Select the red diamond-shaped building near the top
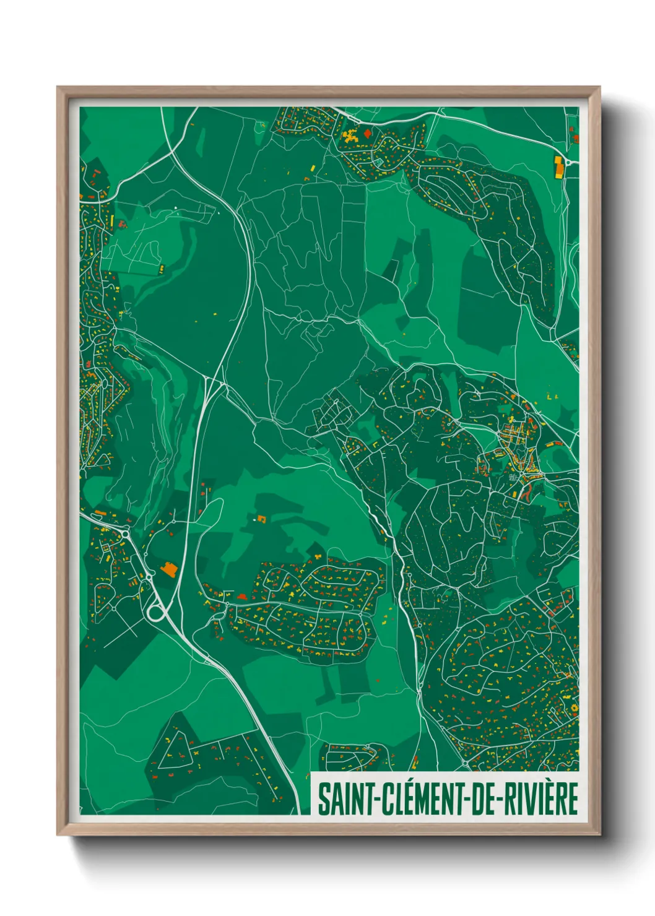[368, 132]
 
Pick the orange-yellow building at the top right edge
[559, 166]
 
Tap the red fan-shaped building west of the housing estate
[241, 597]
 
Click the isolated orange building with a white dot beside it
[261, 518]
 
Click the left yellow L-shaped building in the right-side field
[550, 395]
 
